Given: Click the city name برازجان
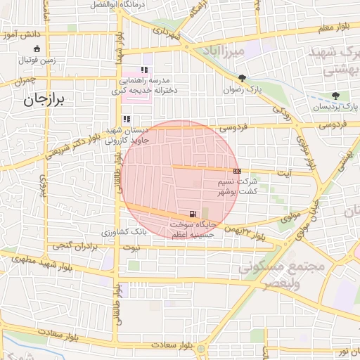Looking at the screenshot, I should point(44,101).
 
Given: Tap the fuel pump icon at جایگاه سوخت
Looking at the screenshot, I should point(192,213).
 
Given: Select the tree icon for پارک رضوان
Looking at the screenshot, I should point(242,78).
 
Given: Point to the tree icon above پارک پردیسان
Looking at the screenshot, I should point(336,96).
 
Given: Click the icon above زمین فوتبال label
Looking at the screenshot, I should point(37,49).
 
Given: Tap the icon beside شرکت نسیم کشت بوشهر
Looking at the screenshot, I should point(238,171).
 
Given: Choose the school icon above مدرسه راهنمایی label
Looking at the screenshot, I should point(144,70).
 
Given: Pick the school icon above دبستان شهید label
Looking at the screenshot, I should point(127,120).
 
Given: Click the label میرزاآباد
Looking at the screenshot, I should point(239,51).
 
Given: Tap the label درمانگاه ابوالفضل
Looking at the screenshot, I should point(117,4).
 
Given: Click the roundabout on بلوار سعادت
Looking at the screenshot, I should point(202,348).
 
